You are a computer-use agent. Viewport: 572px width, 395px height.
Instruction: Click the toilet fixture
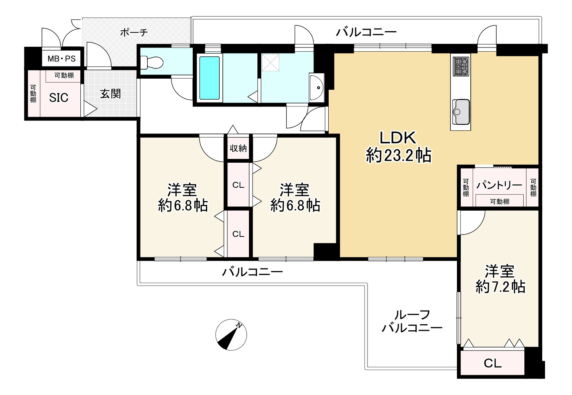152,62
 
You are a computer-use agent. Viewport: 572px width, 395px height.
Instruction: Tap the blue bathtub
209,78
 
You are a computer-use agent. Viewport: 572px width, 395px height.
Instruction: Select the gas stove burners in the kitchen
461,67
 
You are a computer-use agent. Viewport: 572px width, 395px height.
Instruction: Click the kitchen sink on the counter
461,112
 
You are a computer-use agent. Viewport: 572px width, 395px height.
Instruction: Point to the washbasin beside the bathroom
316,88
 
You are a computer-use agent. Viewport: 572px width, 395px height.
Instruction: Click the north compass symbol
231,335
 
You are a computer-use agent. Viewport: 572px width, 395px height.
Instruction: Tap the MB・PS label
62,59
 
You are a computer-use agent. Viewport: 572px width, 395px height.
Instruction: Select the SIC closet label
59,98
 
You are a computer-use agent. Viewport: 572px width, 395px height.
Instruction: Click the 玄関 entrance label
110,94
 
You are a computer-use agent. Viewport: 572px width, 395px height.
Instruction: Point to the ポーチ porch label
134,32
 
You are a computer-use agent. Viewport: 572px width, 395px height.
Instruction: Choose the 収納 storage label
238,148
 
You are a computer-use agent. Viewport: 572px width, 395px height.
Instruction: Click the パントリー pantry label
499,185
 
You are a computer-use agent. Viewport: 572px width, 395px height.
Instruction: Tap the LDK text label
398,138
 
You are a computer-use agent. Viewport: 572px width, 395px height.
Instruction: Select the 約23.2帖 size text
399,155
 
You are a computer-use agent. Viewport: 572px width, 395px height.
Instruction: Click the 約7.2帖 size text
500,287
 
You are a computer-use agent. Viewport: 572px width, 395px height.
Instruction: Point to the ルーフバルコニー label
412,321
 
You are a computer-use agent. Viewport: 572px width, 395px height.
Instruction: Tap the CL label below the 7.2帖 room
492,363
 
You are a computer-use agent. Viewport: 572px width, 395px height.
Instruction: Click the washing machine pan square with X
270,63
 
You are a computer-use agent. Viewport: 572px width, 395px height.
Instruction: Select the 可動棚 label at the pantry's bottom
500,201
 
